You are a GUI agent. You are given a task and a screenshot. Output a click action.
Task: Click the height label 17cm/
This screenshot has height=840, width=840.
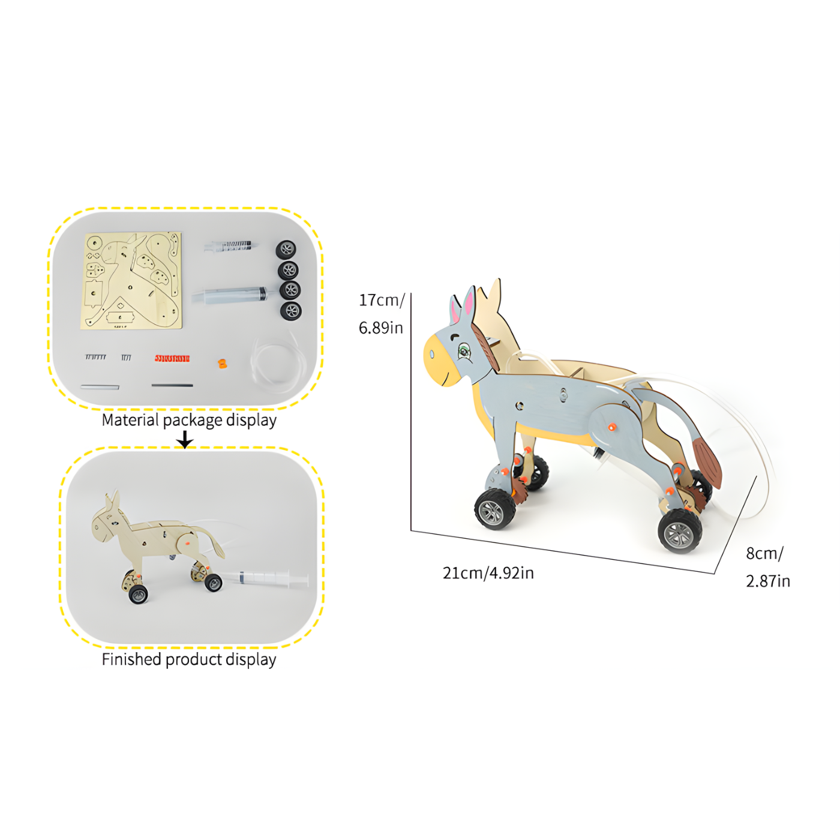coord(382,300)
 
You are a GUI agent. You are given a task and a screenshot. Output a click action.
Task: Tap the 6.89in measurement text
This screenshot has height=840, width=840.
coord(380,328)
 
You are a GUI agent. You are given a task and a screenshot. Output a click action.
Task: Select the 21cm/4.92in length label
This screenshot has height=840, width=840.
coord(488,573)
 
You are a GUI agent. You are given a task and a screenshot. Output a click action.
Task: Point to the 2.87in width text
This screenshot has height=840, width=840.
coord(767,581)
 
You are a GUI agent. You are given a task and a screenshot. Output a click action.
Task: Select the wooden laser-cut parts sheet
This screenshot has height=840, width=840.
coord(131,281)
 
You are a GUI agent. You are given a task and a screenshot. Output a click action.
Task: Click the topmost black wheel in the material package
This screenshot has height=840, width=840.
coord(286,249)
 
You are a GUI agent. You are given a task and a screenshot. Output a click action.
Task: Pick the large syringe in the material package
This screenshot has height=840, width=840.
coord(231,295)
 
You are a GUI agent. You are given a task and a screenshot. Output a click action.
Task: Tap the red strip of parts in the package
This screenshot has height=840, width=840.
coord(172,358)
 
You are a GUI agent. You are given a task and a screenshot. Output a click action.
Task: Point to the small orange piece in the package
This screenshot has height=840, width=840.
coord(223,363)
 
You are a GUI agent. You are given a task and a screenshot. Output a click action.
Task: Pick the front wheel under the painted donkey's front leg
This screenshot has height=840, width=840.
coord(495,509)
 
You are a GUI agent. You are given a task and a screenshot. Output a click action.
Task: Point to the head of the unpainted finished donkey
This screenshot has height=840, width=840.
coord(107,520)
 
